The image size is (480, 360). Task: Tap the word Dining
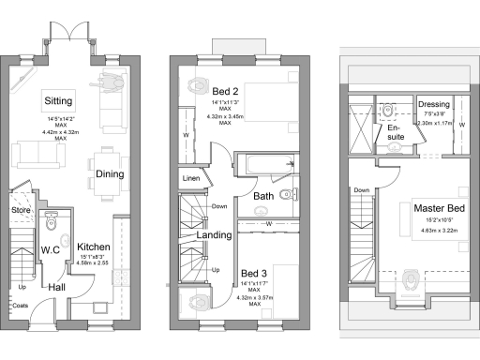110,173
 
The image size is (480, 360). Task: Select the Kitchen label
94,247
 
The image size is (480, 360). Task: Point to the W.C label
51,250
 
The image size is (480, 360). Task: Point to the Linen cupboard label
190,178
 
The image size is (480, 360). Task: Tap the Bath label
263,196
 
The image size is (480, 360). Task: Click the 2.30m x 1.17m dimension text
433,123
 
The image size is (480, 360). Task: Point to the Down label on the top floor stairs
361,189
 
